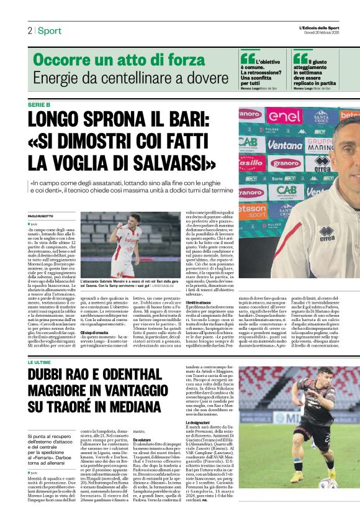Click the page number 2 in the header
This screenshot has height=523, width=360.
29,30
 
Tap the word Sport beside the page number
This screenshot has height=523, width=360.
50,30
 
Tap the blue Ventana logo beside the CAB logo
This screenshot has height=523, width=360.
285,144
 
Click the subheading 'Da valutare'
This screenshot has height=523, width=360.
142,439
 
